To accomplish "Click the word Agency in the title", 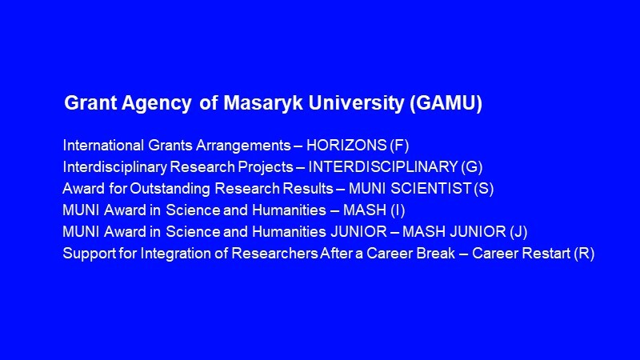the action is coord(157,103).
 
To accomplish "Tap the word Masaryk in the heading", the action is coord(263,103).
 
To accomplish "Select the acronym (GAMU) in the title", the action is coord(446,103).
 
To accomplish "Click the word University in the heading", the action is coord(356,103).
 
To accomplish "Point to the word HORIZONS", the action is coord(346,146).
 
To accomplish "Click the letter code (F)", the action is coord(399,146).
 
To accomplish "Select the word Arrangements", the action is coord(243,146).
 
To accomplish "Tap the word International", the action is coord(104,146).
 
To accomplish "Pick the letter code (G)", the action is coord(472,167).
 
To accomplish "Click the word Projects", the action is coord(266,167).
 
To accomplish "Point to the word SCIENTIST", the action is coord(431,189).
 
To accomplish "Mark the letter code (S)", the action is coord(484,189).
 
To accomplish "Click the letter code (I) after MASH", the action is coord(398,210).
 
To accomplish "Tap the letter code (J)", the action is coord(518,232).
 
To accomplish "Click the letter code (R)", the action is coord(584,254).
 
